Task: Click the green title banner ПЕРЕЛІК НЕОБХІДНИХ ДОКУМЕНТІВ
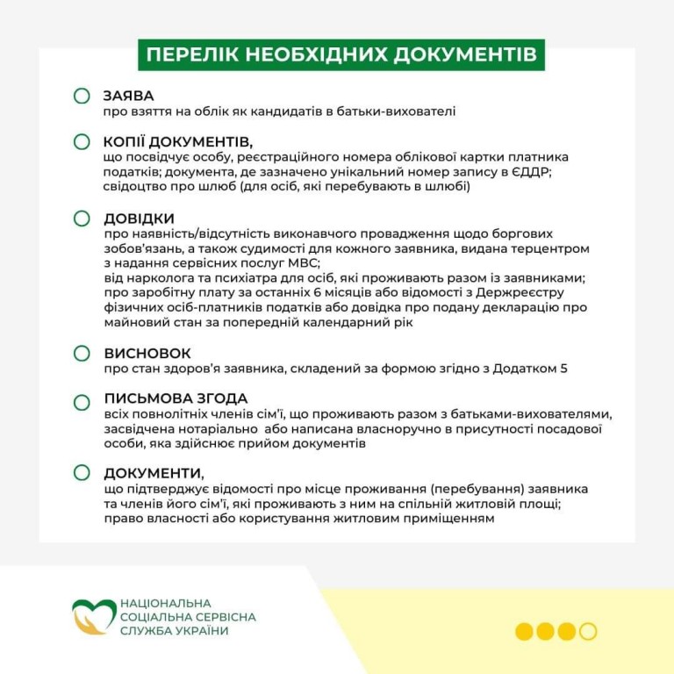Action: [341, 54]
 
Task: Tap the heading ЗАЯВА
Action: [128, 96]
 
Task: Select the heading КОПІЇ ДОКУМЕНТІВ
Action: [177, 141]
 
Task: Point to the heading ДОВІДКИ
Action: [139, 218]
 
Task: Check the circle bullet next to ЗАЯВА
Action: [82, 96]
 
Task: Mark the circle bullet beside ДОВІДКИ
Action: [82, 218]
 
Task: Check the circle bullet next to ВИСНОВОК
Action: [82, 353]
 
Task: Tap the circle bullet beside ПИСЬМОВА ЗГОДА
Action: [82, 402]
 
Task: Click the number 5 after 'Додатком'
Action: [563, 369]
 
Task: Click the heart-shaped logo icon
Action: [92, 616]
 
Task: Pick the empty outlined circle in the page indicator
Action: [588, 631]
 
